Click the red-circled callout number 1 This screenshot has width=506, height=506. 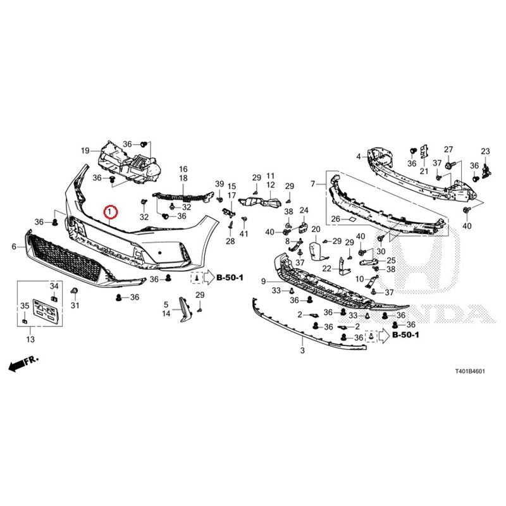click(110, 212)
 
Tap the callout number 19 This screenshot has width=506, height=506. click(85, 151)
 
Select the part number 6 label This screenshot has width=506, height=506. click(14, 247)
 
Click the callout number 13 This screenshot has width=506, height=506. click(30, 339)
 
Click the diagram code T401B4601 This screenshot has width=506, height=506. click(470, 371)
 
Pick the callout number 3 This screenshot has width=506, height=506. click(302, 350)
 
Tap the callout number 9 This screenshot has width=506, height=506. click(263, 281)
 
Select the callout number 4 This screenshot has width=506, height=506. click(359, 157)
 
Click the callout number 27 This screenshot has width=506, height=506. click(448, 149)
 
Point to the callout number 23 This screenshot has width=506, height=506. click(485, 151)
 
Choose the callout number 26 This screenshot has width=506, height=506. click(336, 219)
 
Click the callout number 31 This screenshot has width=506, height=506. click(75, 305)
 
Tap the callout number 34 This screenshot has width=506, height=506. click(54, 286)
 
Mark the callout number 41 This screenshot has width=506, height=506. click(244, 233)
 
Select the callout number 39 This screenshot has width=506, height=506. click(219, 184)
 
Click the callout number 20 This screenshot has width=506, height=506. click(316, 229)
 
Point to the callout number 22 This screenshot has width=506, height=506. click(326, 268)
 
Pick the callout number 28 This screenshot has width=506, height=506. click(230, 241)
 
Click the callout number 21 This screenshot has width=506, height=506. click(424, 171)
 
